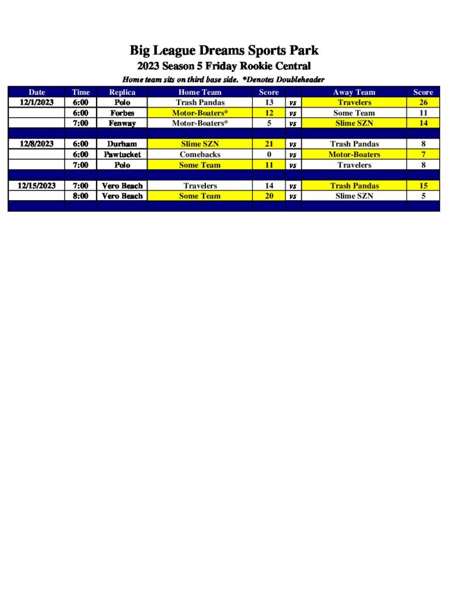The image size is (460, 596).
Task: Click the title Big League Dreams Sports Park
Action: [x=224, y=50]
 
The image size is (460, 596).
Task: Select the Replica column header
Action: [x=122, y=92]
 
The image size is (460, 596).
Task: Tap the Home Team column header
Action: [x=199, y=92]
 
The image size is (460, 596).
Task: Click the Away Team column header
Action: [x=354, y=92]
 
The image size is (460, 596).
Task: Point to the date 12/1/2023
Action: [x=36, y=102]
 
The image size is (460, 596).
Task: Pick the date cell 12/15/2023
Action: [x=36, y=186]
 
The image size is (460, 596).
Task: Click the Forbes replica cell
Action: [x=122, y=113]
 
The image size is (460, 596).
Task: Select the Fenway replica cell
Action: [x=122, y=123]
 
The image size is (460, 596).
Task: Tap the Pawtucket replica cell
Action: [x=122, y=154]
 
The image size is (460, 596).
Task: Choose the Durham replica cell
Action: [x=122, y=144]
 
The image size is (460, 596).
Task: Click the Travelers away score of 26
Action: [x=423, y=102]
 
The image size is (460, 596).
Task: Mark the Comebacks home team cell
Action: [x=199, y=154]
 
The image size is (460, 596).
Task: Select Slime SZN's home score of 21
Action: [x=269, y=144]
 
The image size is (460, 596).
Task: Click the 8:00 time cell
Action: [x=80, y=196]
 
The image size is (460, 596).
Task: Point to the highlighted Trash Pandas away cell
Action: [x=354, y=186]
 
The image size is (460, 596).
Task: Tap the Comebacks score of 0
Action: [x=269, y=154]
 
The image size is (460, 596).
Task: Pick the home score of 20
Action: [x=269, y=196]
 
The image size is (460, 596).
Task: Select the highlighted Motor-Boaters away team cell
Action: [x=354, y=154]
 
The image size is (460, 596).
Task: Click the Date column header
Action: [x=36, y=92]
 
